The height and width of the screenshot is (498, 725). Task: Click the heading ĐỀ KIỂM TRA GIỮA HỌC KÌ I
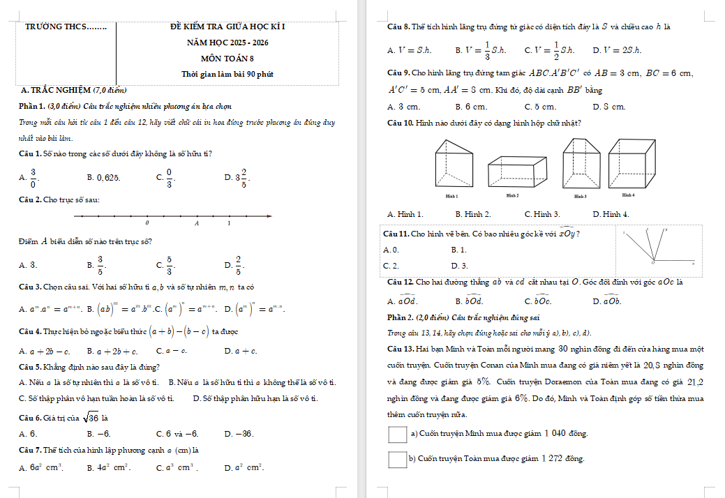[227, 27]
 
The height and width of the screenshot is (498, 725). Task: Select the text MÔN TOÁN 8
[227, 59]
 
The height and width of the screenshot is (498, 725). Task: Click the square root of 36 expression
[89, 418]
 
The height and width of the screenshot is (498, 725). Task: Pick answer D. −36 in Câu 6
[239, 433]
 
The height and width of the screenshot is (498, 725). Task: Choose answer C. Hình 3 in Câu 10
[542, 214]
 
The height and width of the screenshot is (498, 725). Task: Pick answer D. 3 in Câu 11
[460, 266]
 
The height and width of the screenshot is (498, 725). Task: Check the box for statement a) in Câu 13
[397, 434]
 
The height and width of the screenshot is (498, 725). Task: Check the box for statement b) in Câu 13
[397, 458]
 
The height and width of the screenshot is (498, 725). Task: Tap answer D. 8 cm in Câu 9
[609, 107]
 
